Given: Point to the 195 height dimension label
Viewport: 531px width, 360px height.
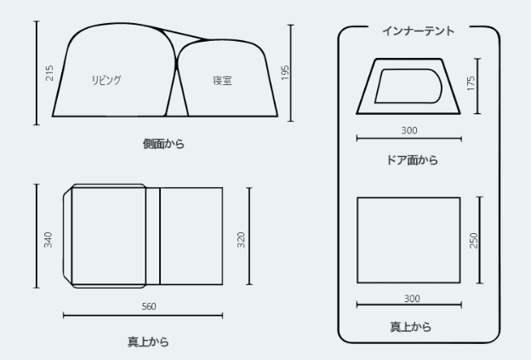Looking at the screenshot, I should pos(284,75).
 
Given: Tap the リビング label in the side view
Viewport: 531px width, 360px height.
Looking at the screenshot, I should pos(106,80).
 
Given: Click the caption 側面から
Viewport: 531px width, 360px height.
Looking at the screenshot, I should pos(163,145).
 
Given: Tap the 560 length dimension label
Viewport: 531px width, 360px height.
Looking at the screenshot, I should pos(149,306).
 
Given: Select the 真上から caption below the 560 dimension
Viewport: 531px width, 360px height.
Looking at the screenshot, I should pos(148,342).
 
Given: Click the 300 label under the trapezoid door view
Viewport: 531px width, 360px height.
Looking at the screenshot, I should pos(408,130).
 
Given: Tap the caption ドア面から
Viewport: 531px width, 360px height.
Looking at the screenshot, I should pos(408,159).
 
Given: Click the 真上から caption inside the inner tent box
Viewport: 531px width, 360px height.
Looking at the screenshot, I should pos(409,326).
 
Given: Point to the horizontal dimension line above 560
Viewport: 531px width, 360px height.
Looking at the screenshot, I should pos(143,315).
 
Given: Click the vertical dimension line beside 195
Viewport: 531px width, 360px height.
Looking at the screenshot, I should pos(292,74).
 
